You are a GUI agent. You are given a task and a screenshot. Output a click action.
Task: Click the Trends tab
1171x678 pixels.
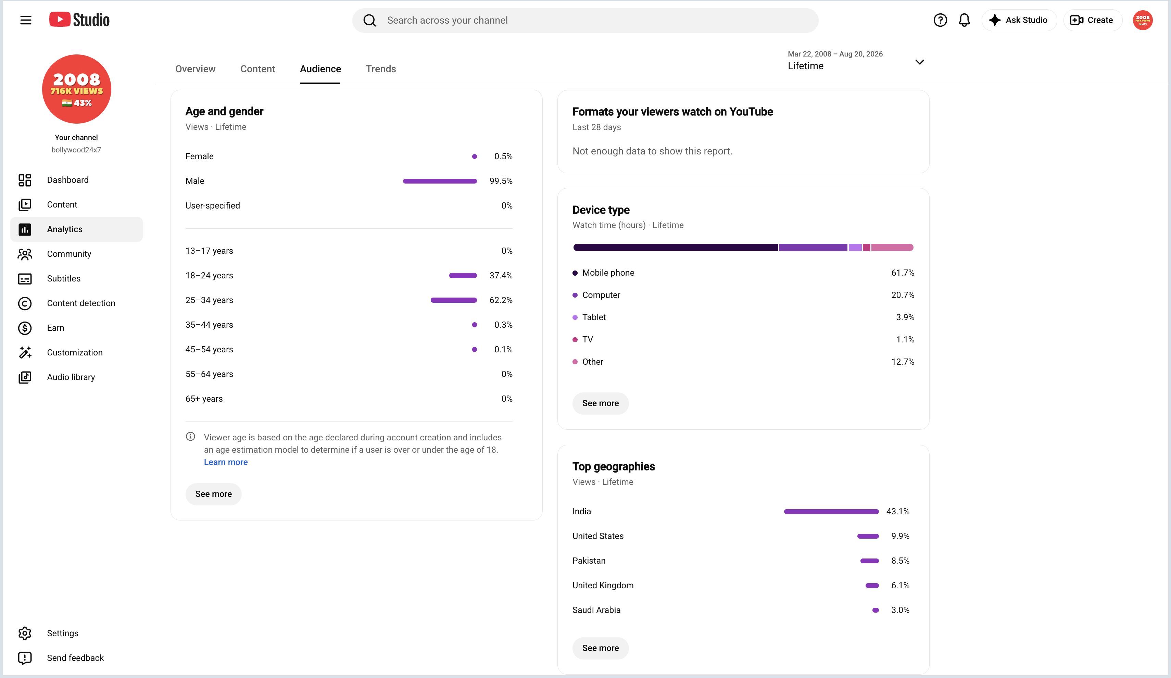point(381,69)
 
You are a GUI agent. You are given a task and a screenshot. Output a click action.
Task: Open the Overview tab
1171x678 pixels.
point(195,69)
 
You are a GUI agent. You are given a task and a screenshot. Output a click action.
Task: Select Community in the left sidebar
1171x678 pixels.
point(69,254)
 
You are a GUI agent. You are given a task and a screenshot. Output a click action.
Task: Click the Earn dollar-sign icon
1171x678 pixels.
point(25,328)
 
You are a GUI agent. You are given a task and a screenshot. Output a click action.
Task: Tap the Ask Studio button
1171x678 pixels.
point(1019,20)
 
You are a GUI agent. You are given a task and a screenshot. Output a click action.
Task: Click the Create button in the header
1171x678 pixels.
point(1093,20)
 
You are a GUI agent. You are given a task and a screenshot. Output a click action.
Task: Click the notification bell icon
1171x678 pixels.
point(964,20)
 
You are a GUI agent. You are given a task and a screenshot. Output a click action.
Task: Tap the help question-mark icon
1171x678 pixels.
point(940,20)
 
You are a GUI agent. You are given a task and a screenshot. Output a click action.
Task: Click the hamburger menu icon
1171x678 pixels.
point(26,20)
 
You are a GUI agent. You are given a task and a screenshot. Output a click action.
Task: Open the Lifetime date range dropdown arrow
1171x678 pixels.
point(920,62)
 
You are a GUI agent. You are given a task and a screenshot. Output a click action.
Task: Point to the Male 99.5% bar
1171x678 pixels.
point(440,181)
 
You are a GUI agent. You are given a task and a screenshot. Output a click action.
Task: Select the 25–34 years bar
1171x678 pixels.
point(454,300)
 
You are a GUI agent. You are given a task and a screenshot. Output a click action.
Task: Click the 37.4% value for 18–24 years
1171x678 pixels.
point(501,276)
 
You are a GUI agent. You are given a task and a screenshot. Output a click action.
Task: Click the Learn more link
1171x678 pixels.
point(226,462)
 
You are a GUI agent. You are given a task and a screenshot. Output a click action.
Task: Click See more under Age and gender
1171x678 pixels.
point(213,494)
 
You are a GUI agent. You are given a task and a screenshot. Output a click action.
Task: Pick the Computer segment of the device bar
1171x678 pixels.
point(813,247)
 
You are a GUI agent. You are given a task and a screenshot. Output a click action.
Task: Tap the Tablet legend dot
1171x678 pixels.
point(575,317)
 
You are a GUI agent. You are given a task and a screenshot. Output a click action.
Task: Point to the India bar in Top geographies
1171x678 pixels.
point(831,512)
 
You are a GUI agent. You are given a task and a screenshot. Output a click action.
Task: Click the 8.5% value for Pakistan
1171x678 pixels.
point(900,561)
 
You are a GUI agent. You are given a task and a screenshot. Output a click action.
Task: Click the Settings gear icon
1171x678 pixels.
point(25,633)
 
